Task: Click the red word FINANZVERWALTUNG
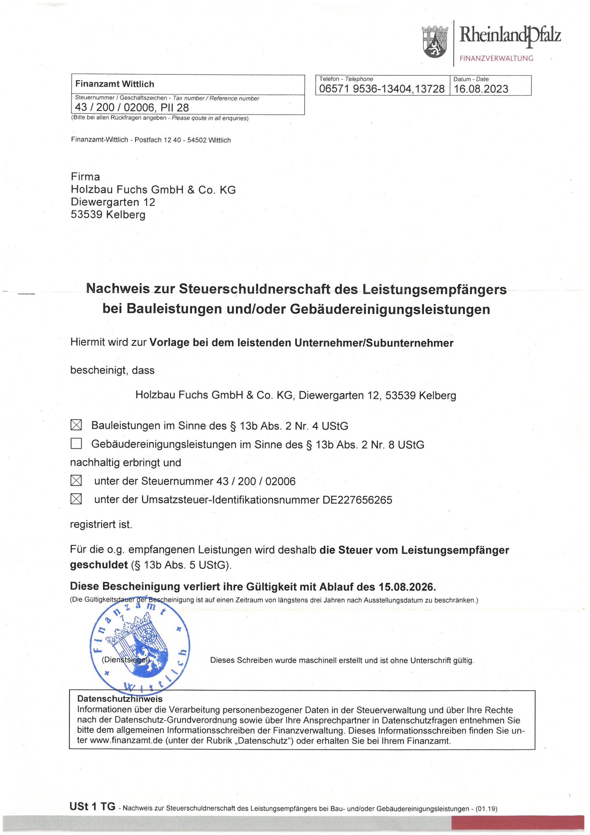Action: (x=496, y=58)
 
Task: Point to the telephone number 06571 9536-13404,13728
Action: (x=382, y=89)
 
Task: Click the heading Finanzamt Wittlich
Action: (x=114, y=84)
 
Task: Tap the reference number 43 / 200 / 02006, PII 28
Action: (x=132, y=108)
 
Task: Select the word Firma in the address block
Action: (x=85, y=177)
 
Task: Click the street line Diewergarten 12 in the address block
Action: (x=113, y=202)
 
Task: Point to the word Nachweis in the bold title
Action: (x=118, y=288)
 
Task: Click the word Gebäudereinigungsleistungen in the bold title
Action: (x=390, y=309)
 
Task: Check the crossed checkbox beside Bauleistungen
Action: (x=76, y=425)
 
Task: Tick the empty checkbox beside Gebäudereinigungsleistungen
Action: (x=76, y=443)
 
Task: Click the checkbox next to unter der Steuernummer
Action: (x=76, y=480)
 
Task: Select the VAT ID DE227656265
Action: (x=357, y=500)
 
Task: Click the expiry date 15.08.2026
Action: (x=406, y=586)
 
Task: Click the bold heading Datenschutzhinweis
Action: (x=120, y=699)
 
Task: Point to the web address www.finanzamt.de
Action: (x=126, y=740)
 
